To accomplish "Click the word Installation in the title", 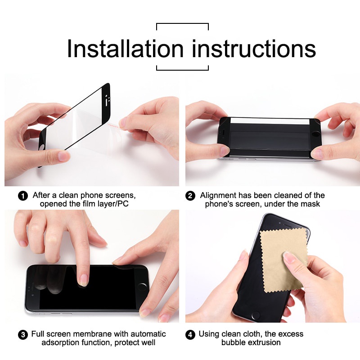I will (x=125, y=49).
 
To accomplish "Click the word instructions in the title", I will (x=254, y=49).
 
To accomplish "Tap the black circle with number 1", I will (x=22, y=196).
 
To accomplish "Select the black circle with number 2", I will (x=190, y=196).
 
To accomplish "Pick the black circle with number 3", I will (x=22, y=335).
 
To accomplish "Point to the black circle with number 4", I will (x=190, y=335).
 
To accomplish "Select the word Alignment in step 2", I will (x=219, y=195).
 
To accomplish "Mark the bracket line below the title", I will (x=182, y=70).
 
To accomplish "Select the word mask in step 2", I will (x=311, y=204).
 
